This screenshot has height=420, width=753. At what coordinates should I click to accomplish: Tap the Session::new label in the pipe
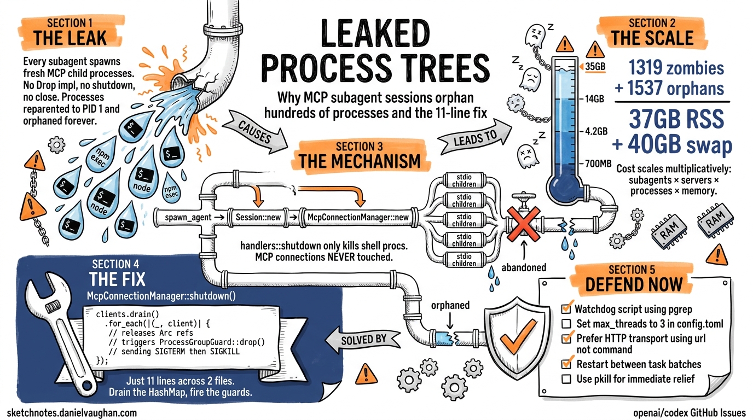[x=258, y=218]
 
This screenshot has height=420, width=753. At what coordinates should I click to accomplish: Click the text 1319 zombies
[x=676, y=68]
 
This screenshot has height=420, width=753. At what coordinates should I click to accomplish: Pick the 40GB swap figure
[x=672, y=145]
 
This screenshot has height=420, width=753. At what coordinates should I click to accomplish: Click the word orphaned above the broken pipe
[x=450, y=305]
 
